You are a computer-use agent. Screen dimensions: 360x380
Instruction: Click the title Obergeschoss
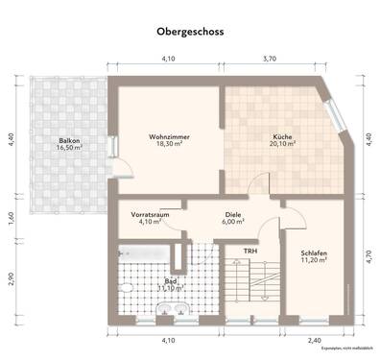click(x=190, y=32)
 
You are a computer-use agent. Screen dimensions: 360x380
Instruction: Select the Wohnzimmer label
click(x=169, y=138)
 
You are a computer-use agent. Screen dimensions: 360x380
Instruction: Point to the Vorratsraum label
click(x=150, y=215)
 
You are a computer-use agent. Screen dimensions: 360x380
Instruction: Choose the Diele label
click(x=233, y=215)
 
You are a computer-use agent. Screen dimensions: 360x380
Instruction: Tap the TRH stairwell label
click(x=249, y=252)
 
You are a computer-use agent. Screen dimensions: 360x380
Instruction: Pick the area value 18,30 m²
click(x=169, y=147)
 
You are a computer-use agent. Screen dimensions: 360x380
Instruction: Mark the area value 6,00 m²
click(x=233, y=223)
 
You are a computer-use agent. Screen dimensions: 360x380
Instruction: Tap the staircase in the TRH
click(x=248, y=288)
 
